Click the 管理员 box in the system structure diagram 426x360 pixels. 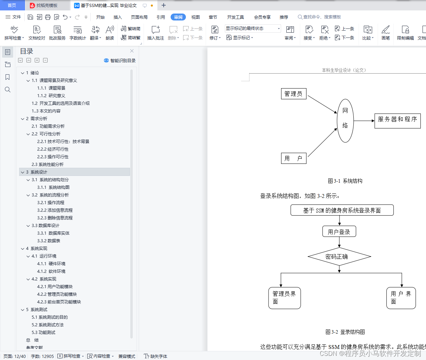coord(294,94)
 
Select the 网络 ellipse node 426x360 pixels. coord(345,120)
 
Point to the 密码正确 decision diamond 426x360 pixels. coord(339,257)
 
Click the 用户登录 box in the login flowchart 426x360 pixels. coord(339,232)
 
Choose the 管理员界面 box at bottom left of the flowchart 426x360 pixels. coord(284,298)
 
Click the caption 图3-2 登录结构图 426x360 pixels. coord(345,332)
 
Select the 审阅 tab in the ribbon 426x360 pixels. coord(178,17)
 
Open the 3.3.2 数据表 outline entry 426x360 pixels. coord(49,241)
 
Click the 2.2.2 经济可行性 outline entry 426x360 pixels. coord(53,149)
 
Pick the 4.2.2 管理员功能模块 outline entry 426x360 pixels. coord(57,294)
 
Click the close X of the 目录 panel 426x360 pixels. coord(132,51)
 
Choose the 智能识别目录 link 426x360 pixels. coord(120,60)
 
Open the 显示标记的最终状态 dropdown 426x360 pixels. coord(253,28)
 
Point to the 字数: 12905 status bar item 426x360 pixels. coord(42,356)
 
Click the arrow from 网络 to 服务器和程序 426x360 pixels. coord(364,121)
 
